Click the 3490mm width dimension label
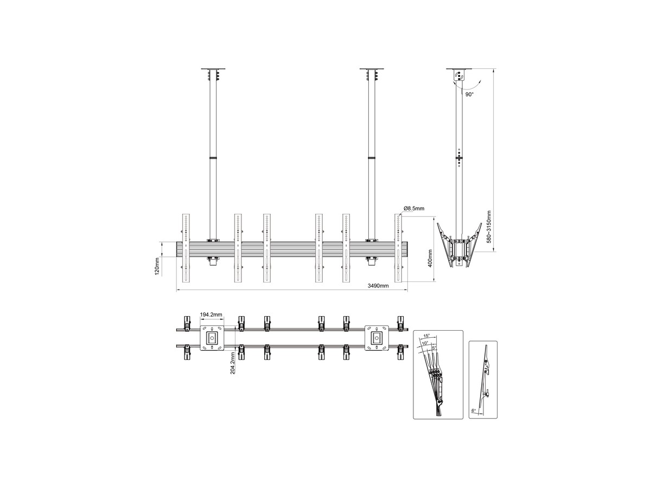point(378,286)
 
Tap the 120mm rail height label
point(157,266)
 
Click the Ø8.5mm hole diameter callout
point(414,209)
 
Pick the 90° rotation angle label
point(469,94)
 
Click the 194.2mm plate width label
point(211,314)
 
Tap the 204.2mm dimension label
point(233,363)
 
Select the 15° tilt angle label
point(426,336)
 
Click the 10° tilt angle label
point(425,343)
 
